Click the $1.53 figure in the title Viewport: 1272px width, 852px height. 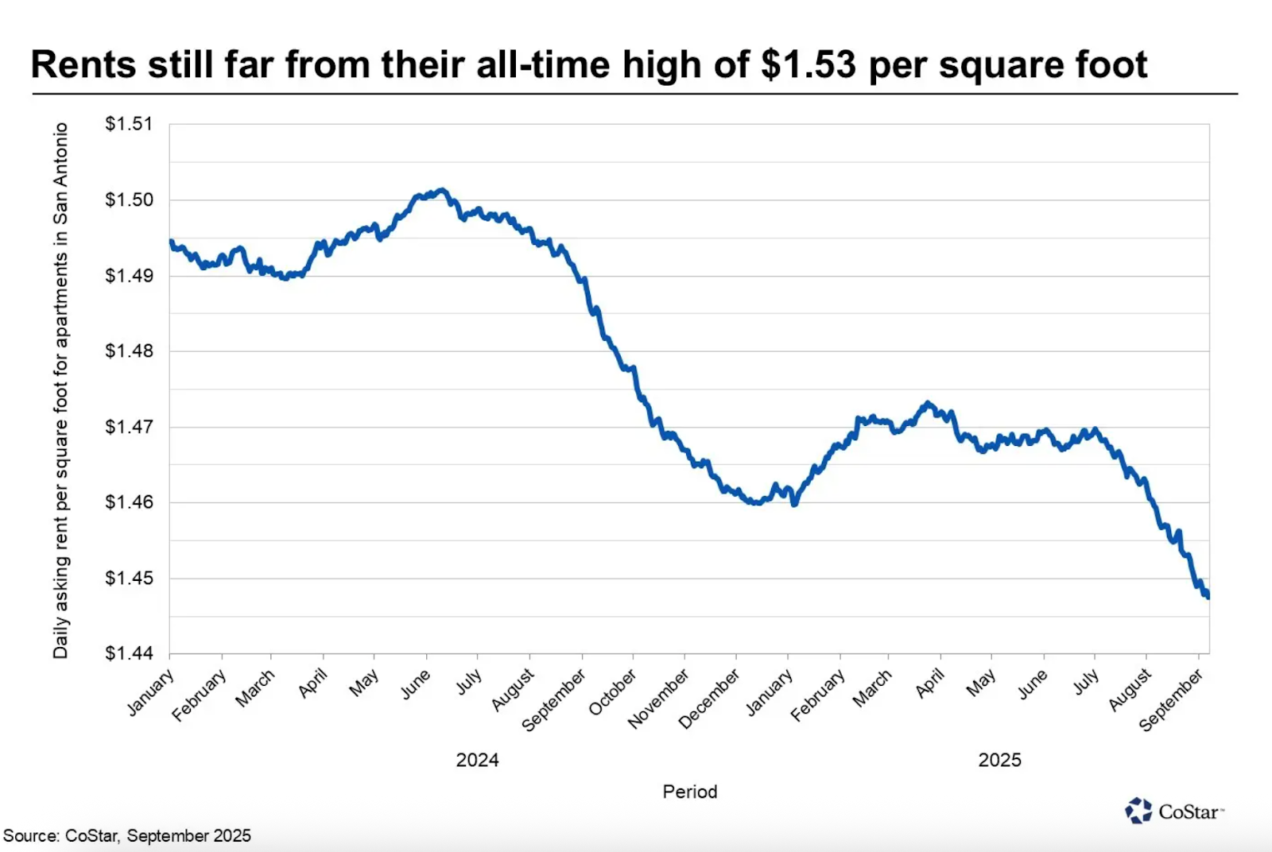808,64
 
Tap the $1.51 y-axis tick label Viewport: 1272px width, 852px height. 129,124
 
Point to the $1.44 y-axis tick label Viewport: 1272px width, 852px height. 129,653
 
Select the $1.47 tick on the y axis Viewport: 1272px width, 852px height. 129,427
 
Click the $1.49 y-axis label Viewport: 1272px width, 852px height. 129,276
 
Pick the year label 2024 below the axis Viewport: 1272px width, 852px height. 477,760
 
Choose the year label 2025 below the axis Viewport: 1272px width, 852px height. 999,760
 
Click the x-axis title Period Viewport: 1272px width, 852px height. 690,792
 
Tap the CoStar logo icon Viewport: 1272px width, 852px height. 1138,811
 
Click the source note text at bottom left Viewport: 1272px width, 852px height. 127,836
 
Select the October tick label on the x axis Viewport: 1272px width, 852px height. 613,691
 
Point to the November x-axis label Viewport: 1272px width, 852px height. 658,699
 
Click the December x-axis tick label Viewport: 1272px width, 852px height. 709,699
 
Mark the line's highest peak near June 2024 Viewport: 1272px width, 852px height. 442,190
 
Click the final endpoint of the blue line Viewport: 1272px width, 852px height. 1208,596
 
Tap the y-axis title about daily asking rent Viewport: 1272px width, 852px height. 61,389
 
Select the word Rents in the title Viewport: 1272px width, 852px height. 83,64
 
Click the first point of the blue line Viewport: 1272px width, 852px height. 171,242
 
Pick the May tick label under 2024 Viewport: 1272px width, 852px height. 364,683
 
